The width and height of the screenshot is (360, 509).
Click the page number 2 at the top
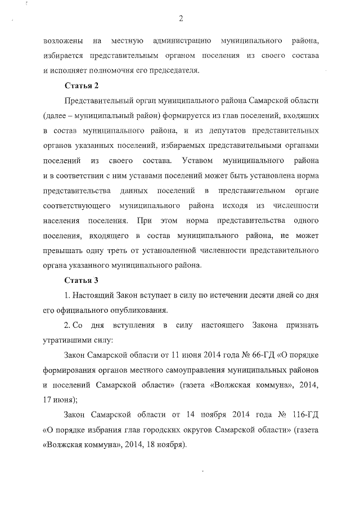coord(181,19)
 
